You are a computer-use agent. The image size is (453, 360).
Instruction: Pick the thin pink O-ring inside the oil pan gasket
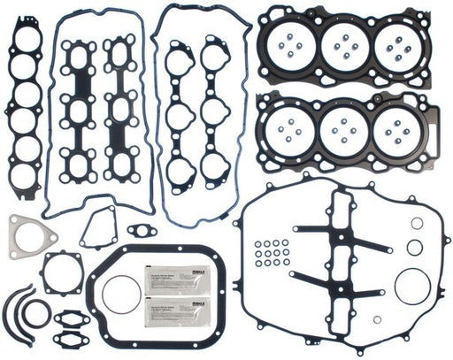121,294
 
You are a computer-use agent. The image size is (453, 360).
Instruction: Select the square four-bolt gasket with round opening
62,273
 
